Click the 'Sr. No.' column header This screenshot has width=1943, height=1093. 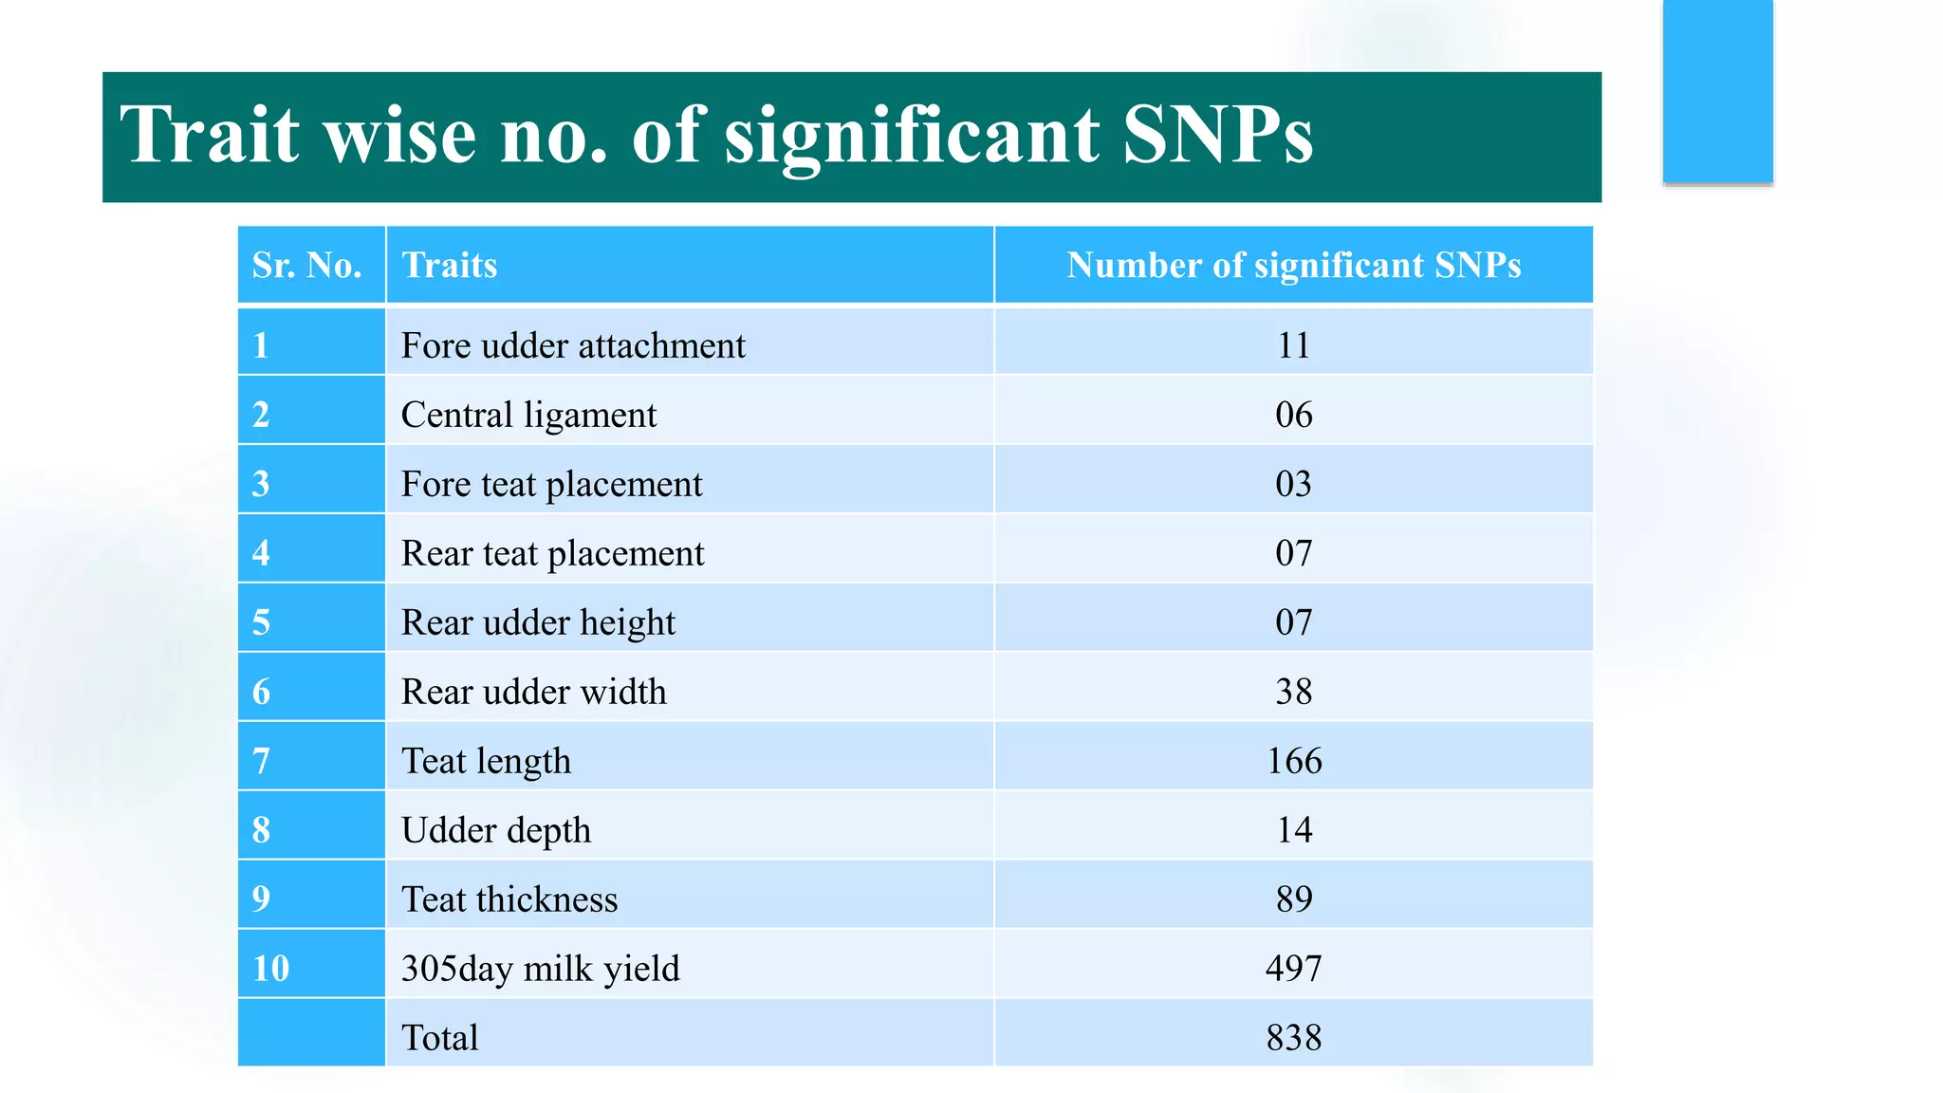point(306,266)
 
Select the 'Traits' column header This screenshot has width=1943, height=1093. point(449,266)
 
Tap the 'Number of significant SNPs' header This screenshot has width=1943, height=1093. point(1293,266)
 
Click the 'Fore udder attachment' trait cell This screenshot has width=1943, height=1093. point(573,345)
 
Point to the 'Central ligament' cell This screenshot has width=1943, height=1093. point(528,415)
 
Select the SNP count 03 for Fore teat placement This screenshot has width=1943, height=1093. point(1293,484)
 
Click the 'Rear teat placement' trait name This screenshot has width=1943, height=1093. point(552,553)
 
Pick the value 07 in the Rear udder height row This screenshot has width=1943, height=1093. point(1293,622)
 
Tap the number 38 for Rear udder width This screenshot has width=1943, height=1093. point(1293,692)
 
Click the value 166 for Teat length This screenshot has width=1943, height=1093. point(1293,761)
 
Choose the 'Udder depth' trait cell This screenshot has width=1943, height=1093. point(495,830)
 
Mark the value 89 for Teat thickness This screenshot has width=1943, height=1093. point(1293,899)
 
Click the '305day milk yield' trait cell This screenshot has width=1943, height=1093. point(540,969)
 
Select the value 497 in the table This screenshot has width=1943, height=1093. point(1293,969)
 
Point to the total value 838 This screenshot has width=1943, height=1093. point(1293,1038)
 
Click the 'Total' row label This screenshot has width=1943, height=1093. point(439,1038)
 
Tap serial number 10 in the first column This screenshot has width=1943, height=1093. point(270,969)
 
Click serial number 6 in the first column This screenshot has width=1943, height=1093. point(261,692)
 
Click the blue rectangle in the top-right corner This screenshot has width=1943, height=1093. point(1717,90)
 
